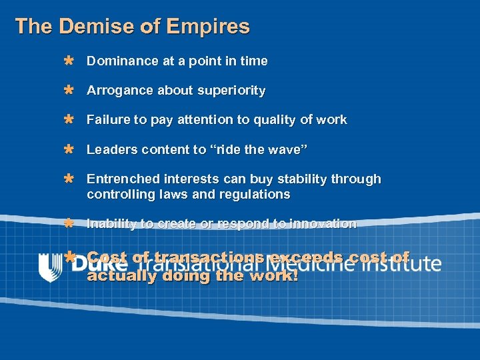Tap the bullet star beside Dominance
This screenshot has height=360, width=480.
68,61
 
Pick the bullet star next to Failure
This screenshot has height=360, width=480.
68,120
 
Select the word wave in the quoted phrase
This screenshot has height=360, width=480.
289,150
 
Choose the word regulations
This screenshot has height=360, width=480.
257,195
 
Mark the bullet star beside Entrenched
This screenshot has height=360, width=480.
68,179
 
